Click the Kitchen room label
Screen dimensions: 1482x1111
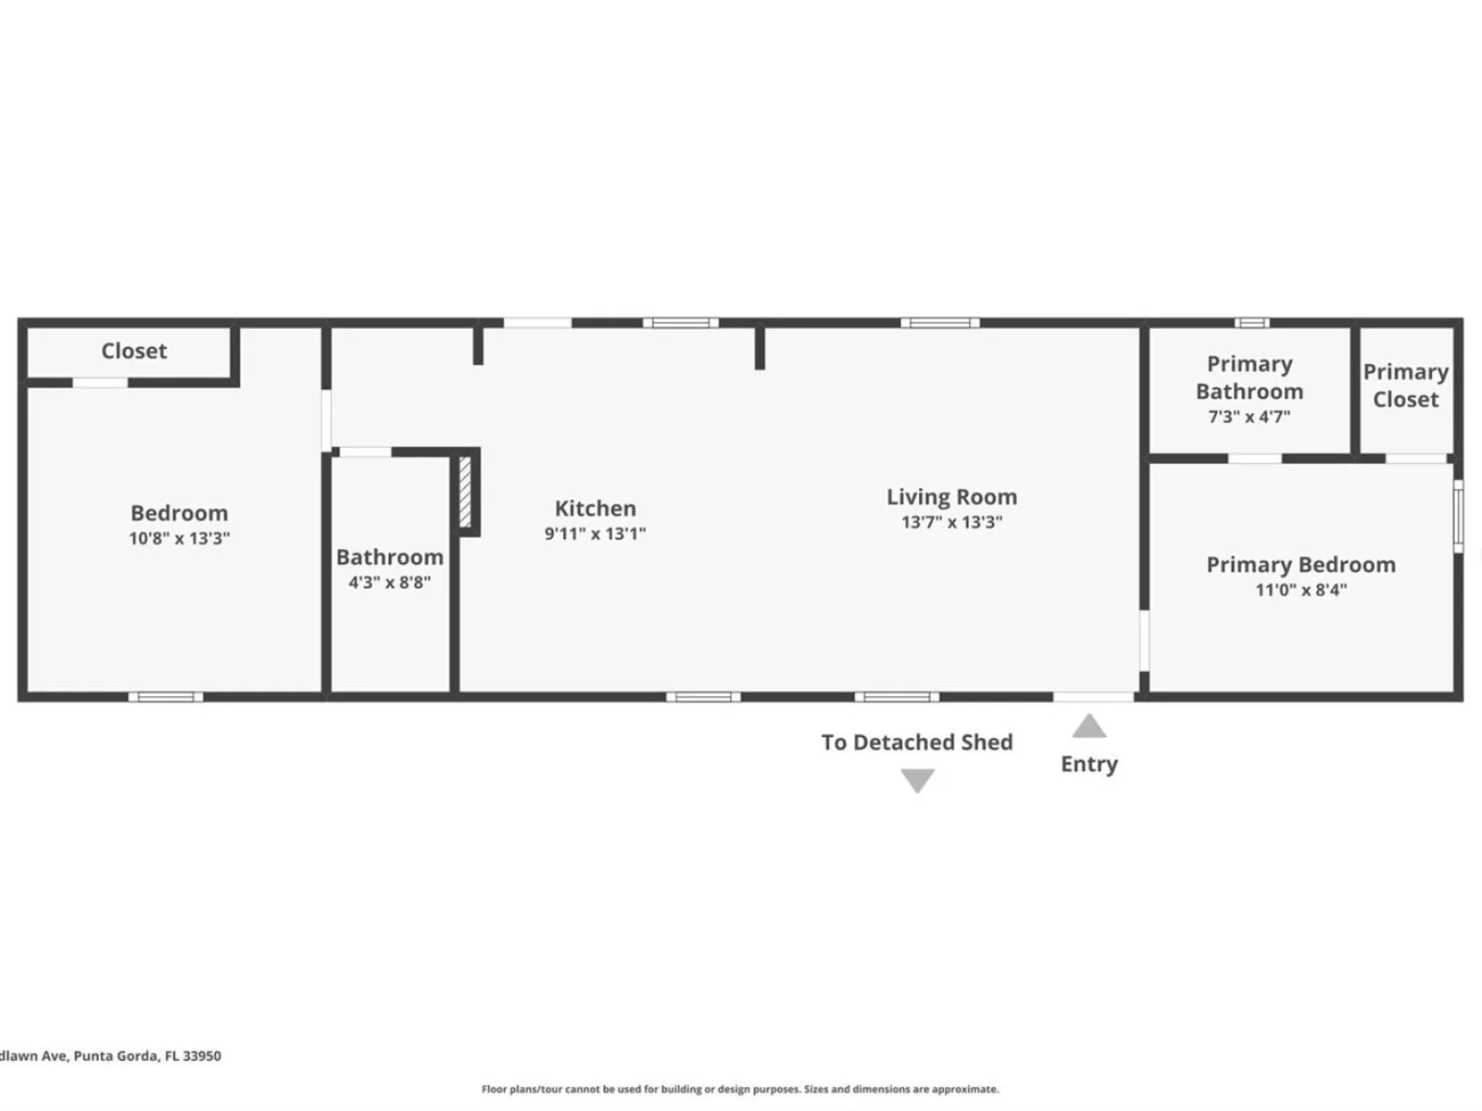tap(595, 508)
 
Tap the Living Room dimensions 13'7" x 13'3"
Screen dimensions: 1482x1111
tap(951, 522)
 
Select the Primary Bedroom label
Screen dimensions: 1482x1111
tap(1300, 565)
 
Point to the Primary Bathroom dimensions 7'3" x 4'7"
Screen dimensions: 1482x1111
tap(1250, 417)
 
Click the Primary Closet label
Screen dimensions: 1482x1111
tap(1406, 385)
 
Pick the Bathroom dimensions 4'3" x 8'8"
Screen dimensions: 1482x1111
tap(390, 582)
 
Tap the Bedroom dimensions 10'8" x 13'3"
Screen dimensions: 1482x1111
tap(179, 538)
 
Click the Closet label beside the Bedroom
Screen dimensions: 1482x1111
tap(133, 351)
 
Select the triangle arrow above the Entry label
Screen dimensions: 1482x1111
tap(1089, 726)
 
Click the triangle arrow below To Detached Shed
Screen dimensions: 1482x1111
tap(917, 780)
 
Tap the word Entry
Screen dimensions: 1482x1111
tap(1089, 765)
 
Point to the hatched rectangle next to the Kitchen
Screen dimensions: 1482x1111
tap(465, 493)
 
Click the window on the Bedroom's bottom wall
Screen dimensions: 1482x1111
tap(166, 697)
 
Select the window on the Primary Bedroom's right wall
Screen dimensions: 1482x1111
tap(1458, 516)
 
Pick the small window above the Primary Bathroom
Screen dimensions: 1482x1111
tap(1251, 323)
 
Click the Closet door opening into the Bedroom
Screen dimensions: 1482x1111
tap(100, 383)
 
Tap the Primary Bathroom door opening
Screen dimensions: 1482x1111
tap(1254, 458)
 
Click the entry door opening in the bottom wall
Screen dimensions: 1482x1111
tap(1093, 697)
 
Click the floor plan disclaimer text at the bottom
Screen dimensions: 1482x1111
tap(740, 1089)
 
